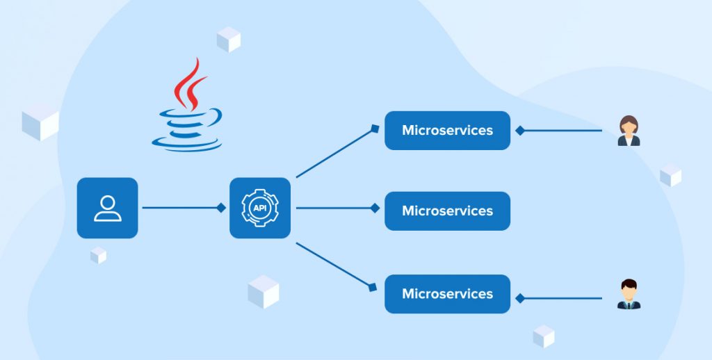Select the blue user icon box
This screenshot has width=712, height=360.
[x=107, y=208]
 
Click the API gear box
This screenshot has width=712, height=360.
[x=260, y=208]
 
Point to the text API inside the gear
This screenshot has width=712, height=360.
[x=260, y=208]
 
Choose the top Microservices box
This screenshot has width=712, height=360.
[x=447, y=130]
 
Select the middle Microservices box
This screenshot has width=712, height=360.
[x=447, y=211]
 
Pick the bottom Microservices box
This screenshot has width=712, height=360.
[x=447, y=293]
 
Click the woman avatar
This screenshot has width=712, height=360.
[x=629, y=131]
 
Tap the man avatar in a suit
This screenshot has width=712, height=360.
[x=629, y=295]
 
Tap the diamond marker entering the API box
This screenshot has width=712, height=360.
[x=221, y=207]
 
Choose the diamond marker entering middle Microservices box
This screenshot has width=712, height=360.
[x=375, y=207]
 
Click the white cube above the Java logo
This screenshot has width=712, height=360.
[x=228, y=40]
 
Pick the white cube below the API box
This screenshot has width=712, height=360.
[x=264, y=291]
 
